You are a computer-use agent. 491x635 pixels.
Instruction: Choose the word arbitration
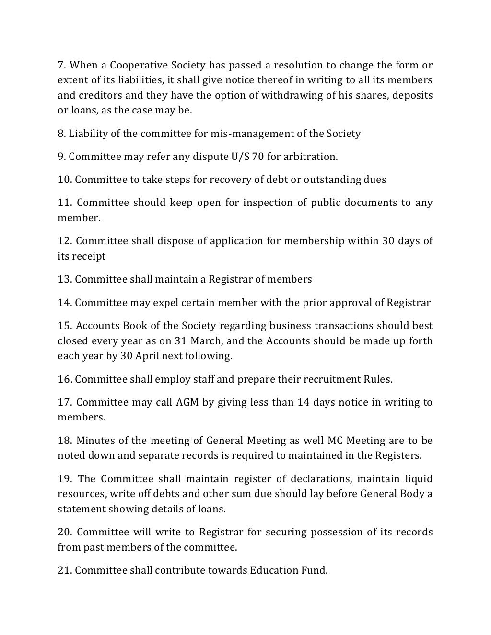click(x=314, y=157)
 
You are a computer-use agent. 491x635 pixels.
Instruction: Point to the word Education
click(x=274, y=570)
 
